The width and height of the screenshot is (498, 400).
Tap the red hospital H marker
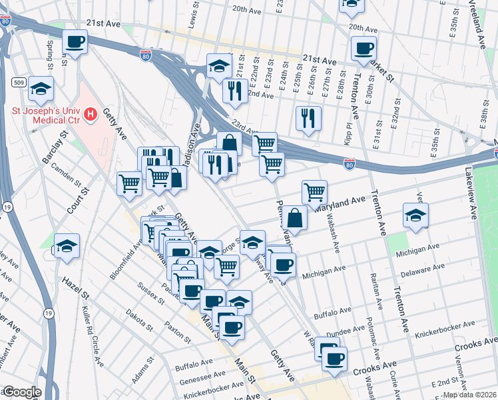tap(89, 115)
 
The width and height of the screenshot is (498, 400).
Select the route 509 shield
tap(19, 82)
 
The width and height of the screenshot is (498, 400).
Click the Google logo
tap(22, 392)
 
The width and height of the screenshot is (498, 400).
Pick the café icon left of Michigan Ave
tap(283, 265)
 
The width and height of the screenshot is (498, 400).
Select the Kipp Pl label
tap(349, 131)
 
